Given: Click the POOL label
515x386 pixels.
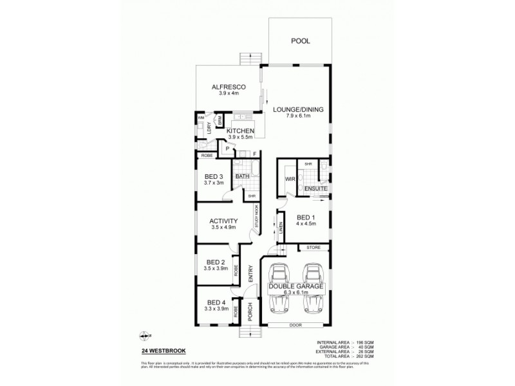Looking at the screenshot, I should click(x=300, y=41).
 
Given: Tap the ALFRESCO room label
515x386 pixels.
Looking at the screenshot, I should click(x=226, y=87).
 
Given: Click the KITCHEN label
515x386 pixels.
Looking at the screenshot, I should click(x=241, y=131).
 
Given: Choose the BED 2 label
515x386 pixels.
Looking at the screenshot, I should click(x=215, y=262).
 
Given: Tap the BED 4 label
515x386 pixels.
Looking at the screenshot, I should click(x=216, y=302).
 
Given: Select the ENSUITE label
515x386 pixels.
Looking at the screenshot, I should click(x=316, y=188).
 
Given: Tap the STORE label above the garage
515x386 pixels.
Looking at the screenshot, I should click(x=313, y=246).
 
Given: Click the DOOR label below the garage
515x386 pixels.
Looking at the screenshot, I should click(x=295, y=326).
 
